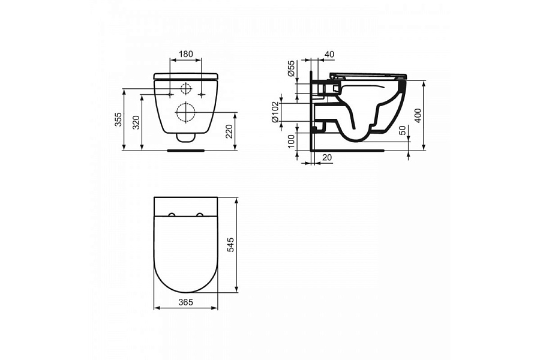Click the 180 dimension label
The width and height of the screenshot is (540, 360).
coord(186,54)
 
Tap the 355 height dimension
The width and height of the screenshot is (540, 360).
coord(118,119)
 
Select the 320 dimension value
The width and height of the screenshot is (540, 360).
coord(137,122)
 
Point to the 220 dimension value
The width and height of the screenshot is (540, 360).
coord(229,131)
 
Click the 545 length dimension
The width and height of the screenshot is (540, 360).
coord(230,244)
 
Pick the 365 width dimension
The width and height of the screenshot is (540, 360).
coord(185,302)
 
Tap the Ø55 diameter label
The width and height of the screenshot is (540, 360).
coord(292,68)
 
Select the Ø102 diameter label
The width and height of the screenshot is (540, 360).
coord(275,112)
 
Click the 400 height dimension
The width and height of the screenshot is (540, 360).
coord(418,116)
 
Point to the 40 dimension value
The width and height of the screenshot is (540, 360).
coord(329,54)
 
